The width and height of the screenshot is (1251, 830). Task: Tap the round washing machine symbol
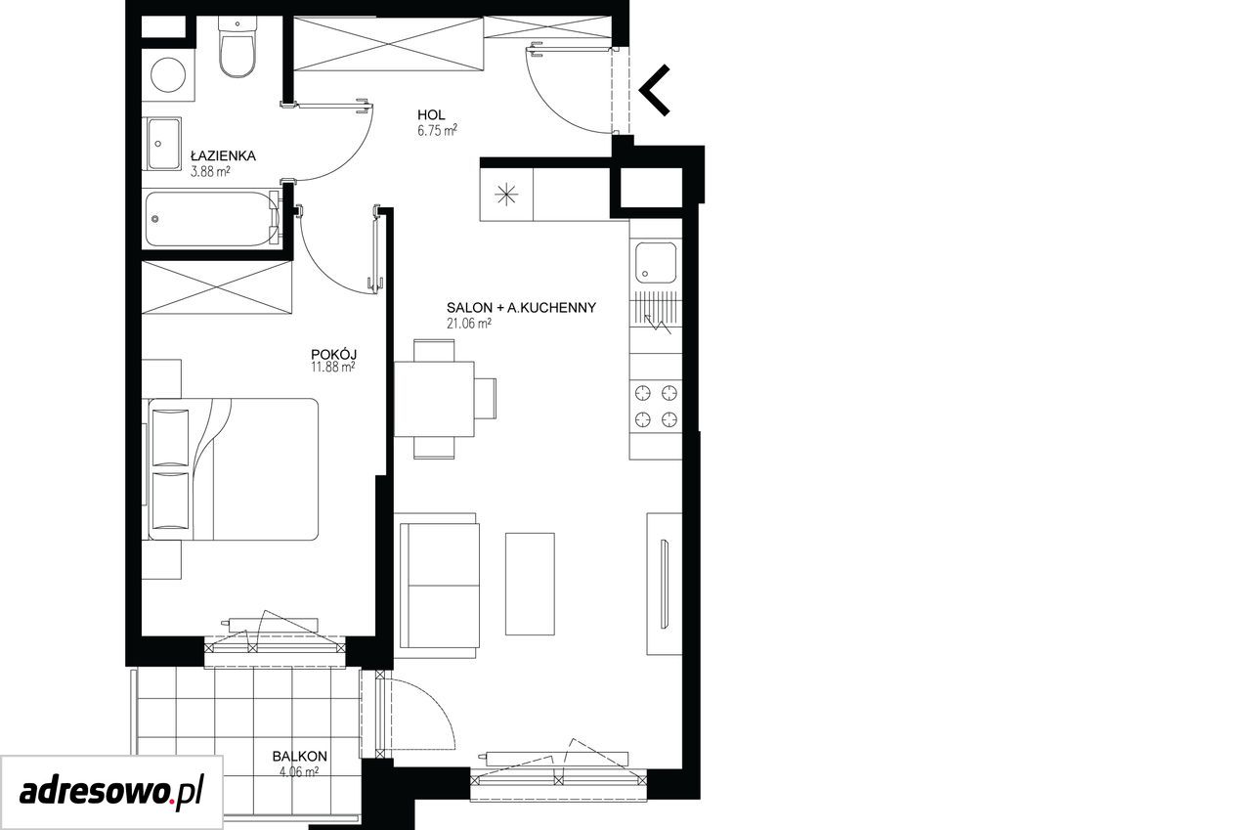(169, 75)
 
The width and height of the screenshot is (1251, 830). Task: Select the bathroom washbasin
(163, 144)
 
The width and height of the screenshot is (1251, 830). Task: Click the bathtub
(213, 219)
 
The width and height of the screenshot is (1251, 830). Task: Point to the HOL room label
(431, 115)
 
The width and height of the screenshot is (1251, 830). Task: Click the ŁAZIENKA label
(223, 155)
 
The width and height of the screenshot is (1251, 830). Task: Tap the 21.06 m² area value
(468, 324)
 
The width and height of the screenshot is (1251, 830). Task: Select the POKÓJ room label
(334, 354)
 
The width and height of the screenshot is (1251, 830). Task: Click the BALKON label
(300, 757)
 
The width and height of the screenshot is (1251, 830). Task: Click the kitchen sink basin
(656, 263)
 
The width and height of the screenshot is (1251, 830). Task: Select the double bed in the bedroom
(233, 469)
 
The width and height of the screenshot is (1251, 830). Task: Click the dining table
(434, 399)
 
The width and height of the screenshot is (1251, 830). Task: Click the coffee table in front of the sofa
(530, 584)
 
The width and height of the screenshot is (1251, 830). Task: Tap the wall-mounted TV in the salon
(665, 584)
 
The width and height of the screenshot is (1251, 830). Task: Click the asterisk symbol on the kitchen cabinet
(506, 195)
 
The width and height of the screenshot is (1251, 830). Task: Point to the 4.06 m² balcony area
(299, 772)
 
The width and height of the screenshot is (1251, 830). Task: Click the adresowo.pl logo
(111, 793)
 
